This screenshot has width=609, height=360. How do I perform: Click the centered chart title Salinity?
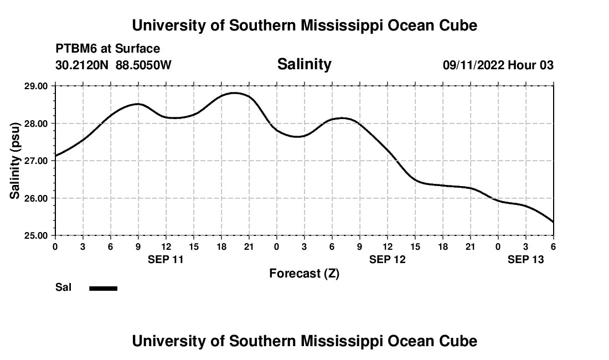click(x=304, y=64)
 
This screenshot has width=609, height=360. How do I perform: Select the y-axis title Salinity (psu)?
click(x=15, y=161)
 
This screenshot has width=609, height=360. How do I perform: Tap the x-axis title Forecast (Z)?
click(x=304, y=273)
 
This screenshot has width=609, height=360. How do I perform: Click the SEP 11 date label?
click(x=166, y=259)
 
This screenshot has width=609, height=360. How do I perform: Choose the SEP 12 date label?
click(x=387, y=259)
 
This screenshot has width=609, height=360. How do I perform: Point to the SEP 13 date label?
click(x=525, y=259)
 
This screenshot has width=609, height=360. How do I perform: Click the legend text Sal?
click(x=64, y=287)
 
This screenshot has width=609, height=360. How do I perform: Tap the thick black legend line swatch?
click(x=104, y=288)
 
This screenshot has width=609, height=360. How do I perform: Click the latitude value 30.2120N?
click(x=82, y=65)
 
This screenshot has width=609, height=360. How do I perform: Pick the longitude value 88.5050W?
click(x=143, y=65)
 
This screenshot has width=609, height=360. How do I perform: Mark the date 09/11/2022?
click(x=473, y=65)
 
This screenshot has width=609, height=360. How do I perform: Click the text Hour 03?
click(x=531, y=65)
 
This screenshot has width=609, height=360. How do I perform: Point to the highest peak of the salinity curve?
click(x=234, y=93)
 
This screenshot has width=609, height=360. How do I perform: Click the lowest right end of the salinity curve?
click(x=553, y=222)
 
